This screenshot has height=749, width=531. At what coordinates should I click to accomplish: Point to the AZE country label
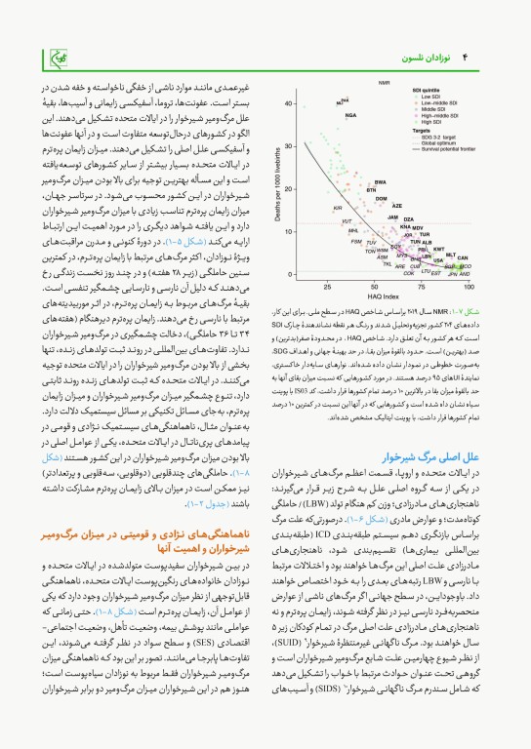(x=396, y=206)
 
